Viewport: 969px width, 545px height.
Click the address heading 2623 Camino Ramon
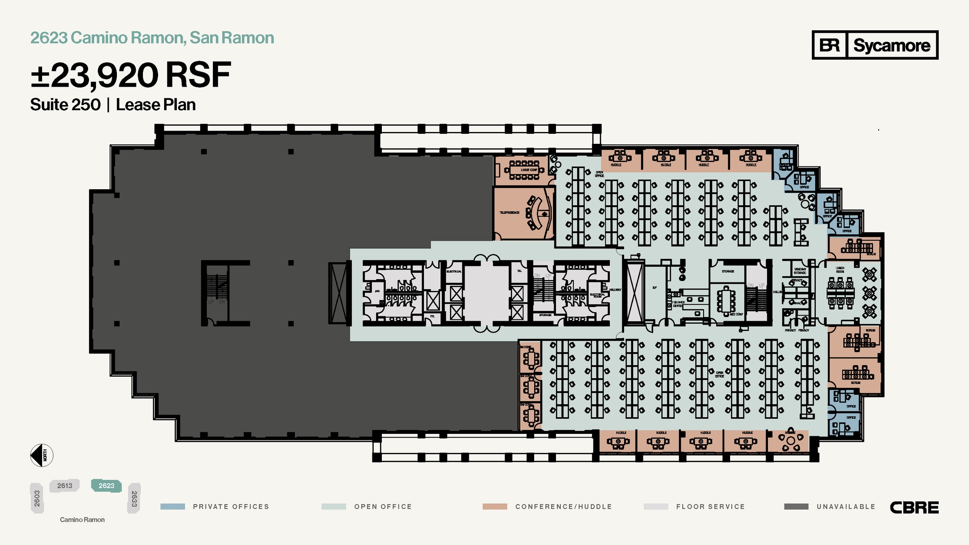[x=152, y=38]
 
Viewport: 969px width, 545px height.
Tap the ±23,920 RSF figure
[x=131, y=75]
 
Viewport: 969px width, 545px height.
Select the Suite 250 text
[x=65, y=105]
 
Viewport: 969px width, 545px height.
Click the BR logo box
[x=829, y=45]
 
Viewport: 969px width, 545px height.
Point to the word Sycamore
[x=891, y=45]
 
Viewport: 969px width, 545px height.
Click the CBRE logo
[x=914, y=508]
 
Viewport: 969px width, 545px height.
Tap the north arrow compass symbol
[x=42, y=456]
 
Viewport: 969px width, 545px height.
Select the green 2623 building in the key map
[x=106, y=486]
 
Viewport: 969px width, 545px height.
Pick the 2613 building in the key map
[x=65, y=486]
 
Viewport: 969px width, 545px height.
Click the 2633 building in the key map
[x=134, y=498]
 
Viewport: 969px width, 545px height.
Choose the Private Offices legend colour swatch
[x=173, y=507]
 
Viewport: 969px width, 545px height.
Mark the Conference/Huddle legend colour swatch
[x=494, y=507]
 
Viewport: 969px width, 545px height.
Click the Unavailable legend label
[x=846, y=507]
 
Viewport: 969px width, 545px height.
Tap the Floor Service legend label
[x=710, y=507]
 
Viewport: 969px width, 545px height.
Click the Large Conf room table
[x=524, y=170]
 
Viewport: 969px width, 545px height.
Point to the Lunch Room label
[x=840, y=270]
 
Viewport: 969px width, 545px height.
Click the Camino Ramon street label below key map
[x=82, y=519]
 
